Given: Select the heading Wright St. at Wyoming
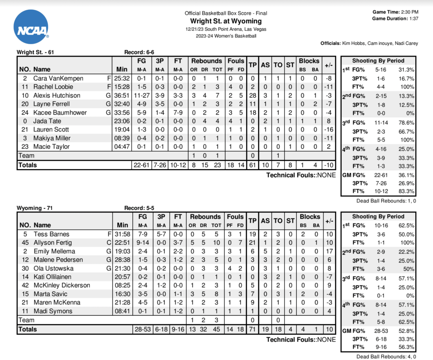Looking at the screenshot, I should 226,21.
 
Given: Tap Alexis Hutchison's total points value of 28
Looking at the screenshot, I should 253,95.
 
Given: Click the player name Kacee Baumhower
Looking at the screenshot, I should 60,112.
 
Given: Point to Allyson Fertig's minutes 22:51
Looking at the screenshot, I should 124,243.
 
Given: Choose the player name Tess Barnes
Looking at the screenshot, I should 51,234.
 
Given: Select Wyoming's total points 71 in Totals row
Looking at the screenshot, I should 253,329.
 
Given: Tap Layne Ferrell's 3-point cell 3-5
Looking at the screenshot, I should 160,104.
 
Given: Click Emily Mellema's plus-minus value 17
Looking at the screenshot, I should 328,251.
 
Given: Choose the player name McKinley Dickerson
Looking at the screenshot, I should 62,285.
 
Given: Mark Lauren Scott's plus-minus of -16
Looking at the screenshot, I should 328,129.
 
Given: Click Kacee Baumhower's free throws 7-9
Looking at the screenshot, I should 178,112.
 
